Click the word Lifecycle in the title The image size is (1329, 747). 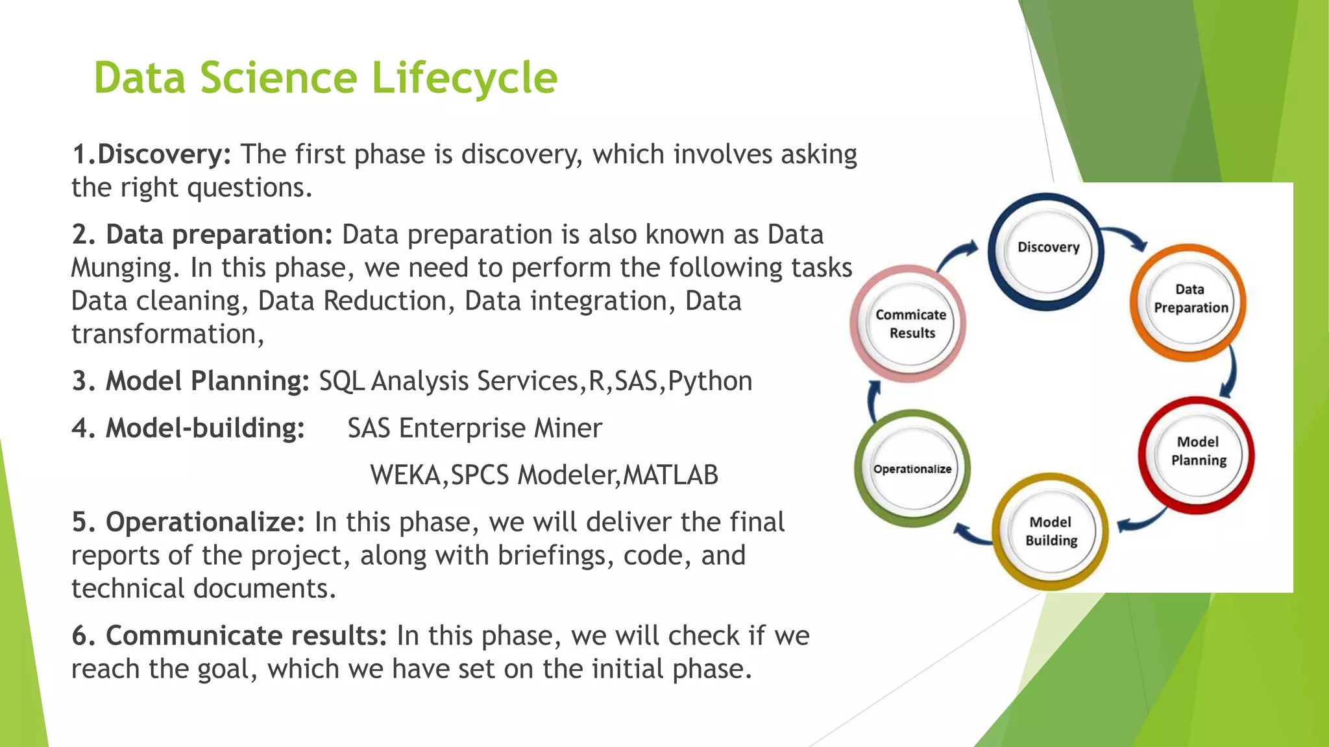464,78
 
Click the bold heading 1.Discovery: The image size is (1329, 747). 151,155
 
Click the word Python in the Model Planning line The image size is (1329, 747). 710,381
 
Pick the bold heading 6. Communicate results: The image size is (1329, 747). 229,636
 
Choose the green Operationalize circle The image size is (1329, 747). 912,469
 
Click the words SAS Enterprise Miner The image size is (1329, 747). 474,429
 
